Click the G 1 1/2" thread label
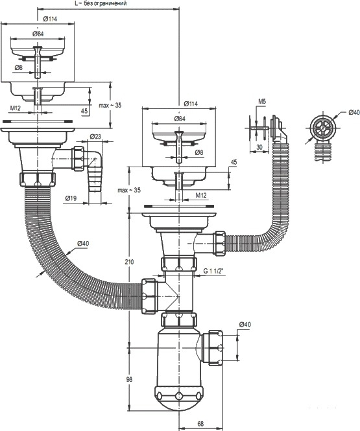(x=213, y=271)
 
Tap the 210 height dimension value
(x=129, y=262)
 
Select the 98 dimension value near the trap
(x=129, y=379)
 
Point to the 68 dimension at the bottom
(x=200, y=424)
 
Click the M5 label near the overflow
(x=262, y=101)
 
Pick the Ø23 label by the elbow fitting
(x=95, y=136)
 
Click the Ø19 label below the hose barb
(x=71, y=198)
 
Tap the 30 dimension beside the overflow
(x=259, y=147)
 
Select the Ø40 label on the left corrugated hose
(x=83, y=243)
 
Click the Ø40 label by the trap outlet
(x=245, y=324)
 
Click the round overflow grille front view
(x=323, y=128)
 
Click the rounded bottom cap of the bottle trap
(x=179, y=398)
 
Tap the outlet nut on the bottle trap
(x=215, y=347)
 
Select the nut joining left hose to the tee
(x=149, y=296)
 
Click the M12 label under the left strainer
(x=16, y=108)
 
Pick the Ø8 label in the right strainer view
(x=198, y=152)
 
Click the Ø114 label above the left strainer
(x=50, y=19)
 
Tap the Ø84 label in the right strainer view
(x=179, y=119)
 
